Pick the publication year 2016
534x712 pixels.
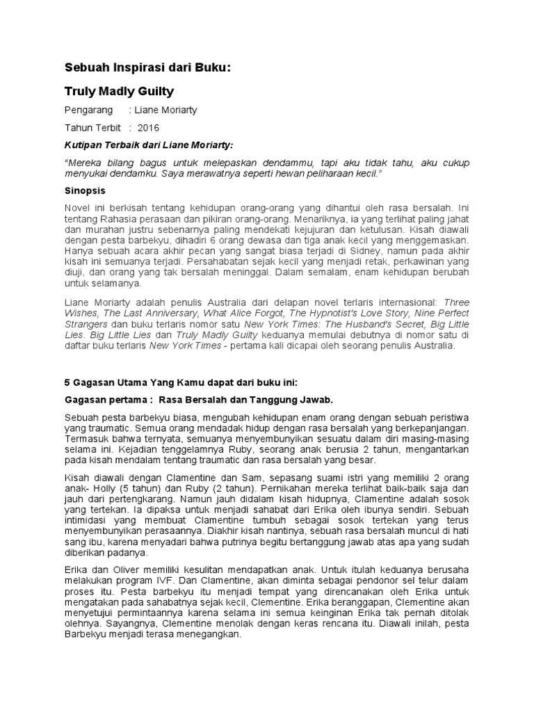148,128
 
